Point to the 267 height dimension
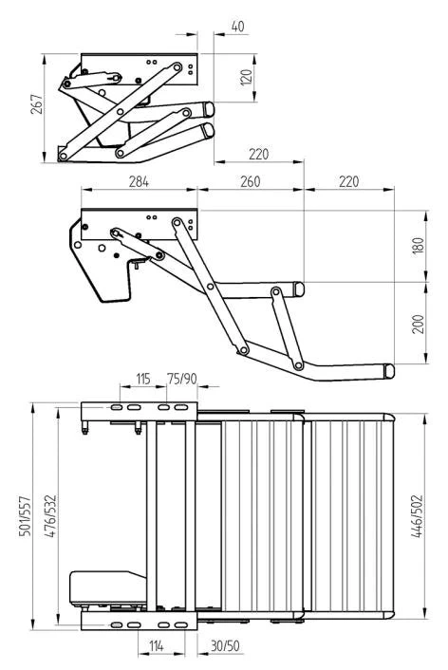(35, 106)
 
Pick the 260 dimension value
(250, 179)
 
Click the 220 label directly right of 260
(348, 179)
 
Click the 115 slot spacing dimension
(143, 380)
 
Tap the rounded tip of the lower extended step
(390, 369)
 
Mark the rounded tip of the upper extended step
(299, 288)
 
